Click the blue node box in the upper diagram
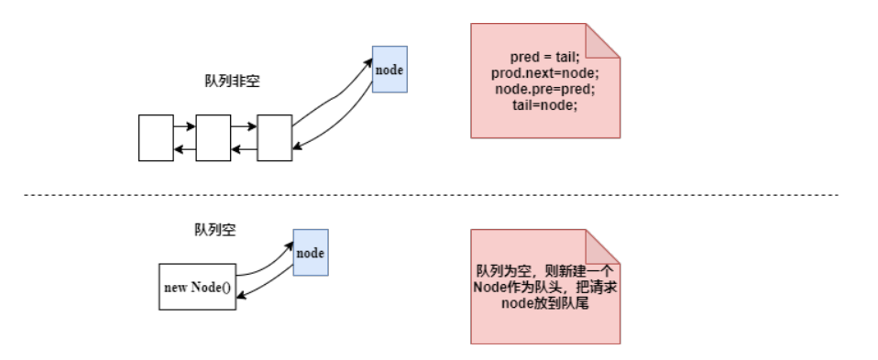tap(389, 69)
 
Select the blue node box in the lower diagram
tap(311, 251)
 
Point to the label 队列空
tap(215, 230)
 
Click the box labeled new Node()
tap(196, 287)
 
